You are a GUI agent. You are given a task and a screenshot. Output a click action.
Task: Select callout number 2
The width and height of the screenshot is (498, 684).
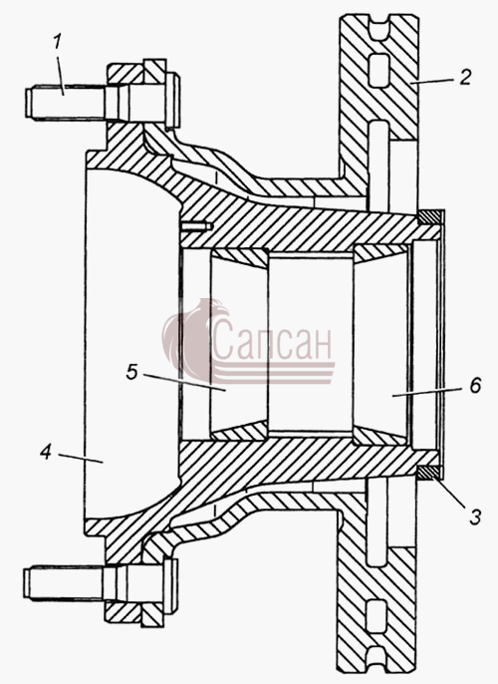point(465,77)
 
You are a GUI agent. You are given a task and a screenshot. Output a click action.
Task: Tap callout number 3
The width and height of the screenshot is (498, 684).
point(474,516)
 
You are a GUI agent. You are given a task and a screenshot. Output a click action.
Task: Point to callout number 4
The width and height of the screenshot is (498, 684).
point(46,452)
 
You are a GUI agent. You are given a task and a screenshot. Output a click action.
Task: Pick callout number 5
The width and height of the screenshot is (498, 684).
point(132,372)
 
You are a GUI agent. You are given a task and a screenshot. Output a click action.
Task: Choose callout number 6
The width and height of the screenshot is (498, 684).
point(475,385)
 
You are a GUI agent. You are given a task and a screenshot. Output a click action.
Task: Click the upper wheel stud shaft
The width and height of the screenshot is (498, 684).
point(66,103)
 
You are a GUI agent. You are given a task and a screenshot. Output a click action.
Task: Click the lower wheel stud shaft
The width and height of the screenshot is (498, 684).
point(66,583)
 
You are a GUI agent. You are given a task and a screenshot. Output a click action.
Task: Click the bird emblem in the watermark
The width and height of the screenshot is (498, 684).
point(194,340)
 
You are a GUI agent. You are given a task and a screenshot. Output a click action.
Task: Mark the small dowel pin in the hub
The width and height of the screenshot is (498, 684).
point(197,226)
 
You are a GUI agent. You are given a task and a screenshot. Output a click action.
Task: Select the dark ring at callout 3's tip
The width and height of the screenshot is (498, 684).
point(428,472)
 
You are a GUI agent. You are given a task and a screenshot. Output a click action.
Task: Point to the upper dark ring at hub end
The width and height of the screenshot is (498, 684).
point(429,217)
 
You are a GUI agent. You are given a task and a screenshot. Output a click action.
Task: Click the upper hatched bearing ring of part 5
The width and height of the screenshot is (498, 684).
point(240,257)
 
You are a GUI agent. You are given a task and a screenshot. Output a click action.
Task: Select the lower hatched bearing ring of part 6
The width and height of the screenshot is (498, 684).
point(380,437)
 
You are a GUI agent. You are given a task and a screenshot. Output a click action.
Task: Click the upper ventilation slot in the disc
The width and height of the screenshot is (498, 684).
point(377,71)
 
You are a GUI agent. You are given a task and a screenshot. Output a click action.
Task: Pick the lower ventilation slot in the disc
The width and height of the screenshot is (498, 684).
point(376,616)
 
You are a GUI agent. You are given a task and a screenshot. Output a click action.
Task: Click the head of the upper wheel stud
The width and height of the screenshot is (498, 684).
point(173,102)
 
